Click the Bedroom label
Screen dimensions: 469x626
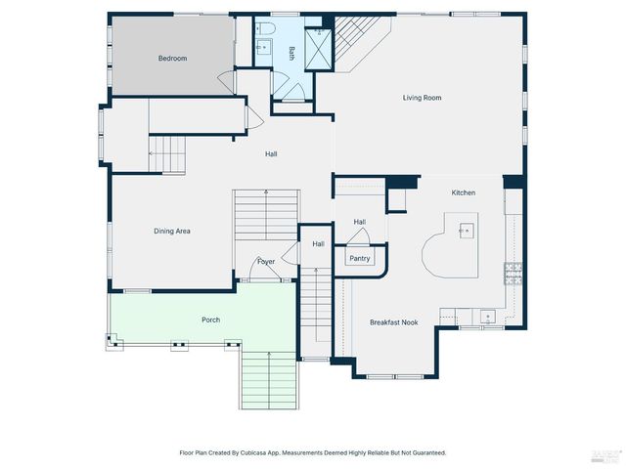[172, 59]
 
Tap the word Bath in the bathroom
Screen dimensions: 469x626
[291, 54]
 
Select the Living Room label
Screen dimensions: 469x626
[423, 98]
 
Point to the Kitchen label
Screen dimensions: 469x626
[463, 192]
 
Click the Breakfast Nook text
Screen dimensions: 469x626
[394, 321]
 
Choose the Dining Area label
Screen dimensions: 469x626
[171, 232]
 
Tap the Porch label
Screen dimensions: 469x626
[210, 320]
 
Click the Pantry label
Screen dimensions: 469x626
[359, 259]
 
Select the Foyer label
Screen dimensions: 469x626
[266, 262]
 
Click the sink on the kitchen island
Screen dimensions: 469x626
[465, 232]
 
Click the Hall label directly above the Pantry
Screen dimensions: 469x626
[359, 223]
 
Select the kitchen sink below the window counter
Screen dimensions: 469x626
[486, 316]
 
